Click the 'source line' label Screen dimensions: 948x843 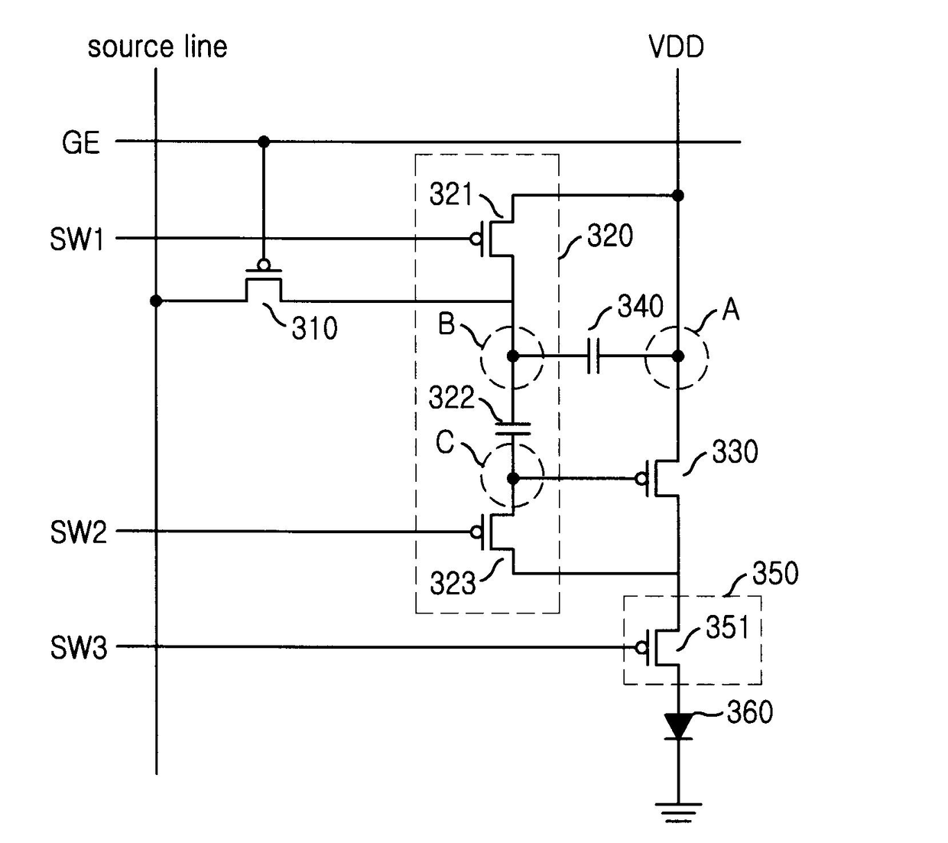click(x=157, y=47)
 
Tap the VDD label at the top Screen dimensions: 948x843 click(x=676, y=47)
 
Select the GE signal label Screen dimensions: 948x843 click(x=80, y=142)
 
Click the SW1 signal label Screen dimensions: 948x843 click(x=76, y=239)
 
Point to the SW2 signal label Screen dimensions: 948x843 click(x=79, y=532)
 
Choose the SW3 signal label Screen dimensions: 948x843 click(x=79, y=648)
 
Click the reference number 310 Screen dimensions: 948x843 click(x=314, y=328)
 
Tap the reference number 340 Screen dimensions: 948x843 click(x=640, y=307)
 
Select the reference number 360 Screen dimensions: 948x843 click(x=749, y=712)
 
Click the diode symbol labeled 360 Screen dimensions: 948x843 click(x=678, y=727)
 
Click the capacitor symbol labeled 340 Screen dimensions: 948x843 click(x=593, y=356)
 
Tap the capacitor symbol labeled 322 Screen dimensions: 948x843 click(x=513, y=428)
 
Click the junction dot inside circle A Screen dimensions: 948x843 click(x=678, y=356)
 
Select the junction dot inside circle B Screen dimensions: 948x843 click(x=513, y=356)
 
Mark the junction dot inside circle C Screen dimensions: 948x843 click(x=513, y=478)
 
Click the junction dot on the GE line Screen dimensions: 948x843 click(x=264, y=142)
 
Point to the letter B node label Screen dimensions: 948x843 click(x=446, y=323)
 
